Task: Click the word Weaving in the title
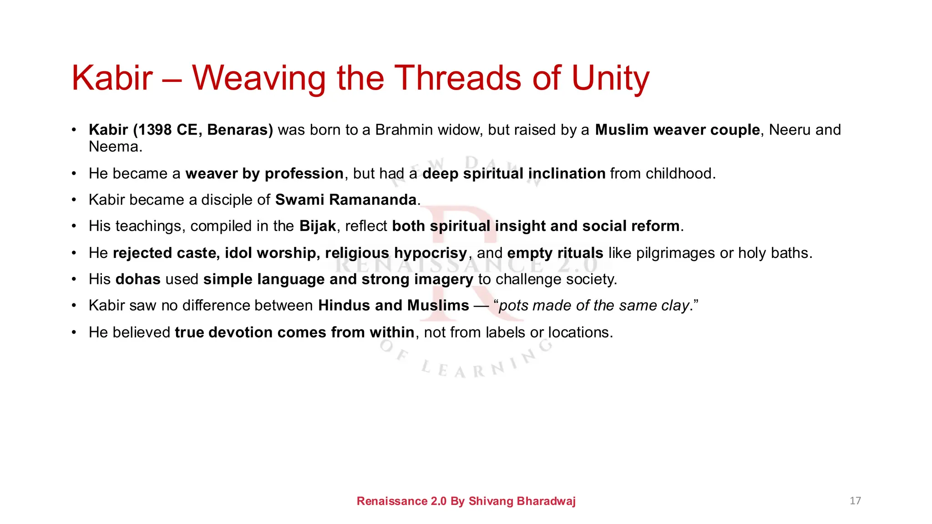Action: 258,78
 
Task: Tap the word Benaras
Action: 240,130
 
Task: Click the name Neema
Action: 115,147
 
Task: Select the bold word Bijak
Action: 318,226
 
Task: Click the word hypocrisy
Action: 431,253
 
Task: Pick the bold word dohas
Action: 138,279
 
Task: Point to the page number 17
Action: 855,501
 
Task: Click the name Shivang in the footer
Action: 491,501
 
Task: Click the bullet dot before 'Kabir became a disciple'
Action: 74,200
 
